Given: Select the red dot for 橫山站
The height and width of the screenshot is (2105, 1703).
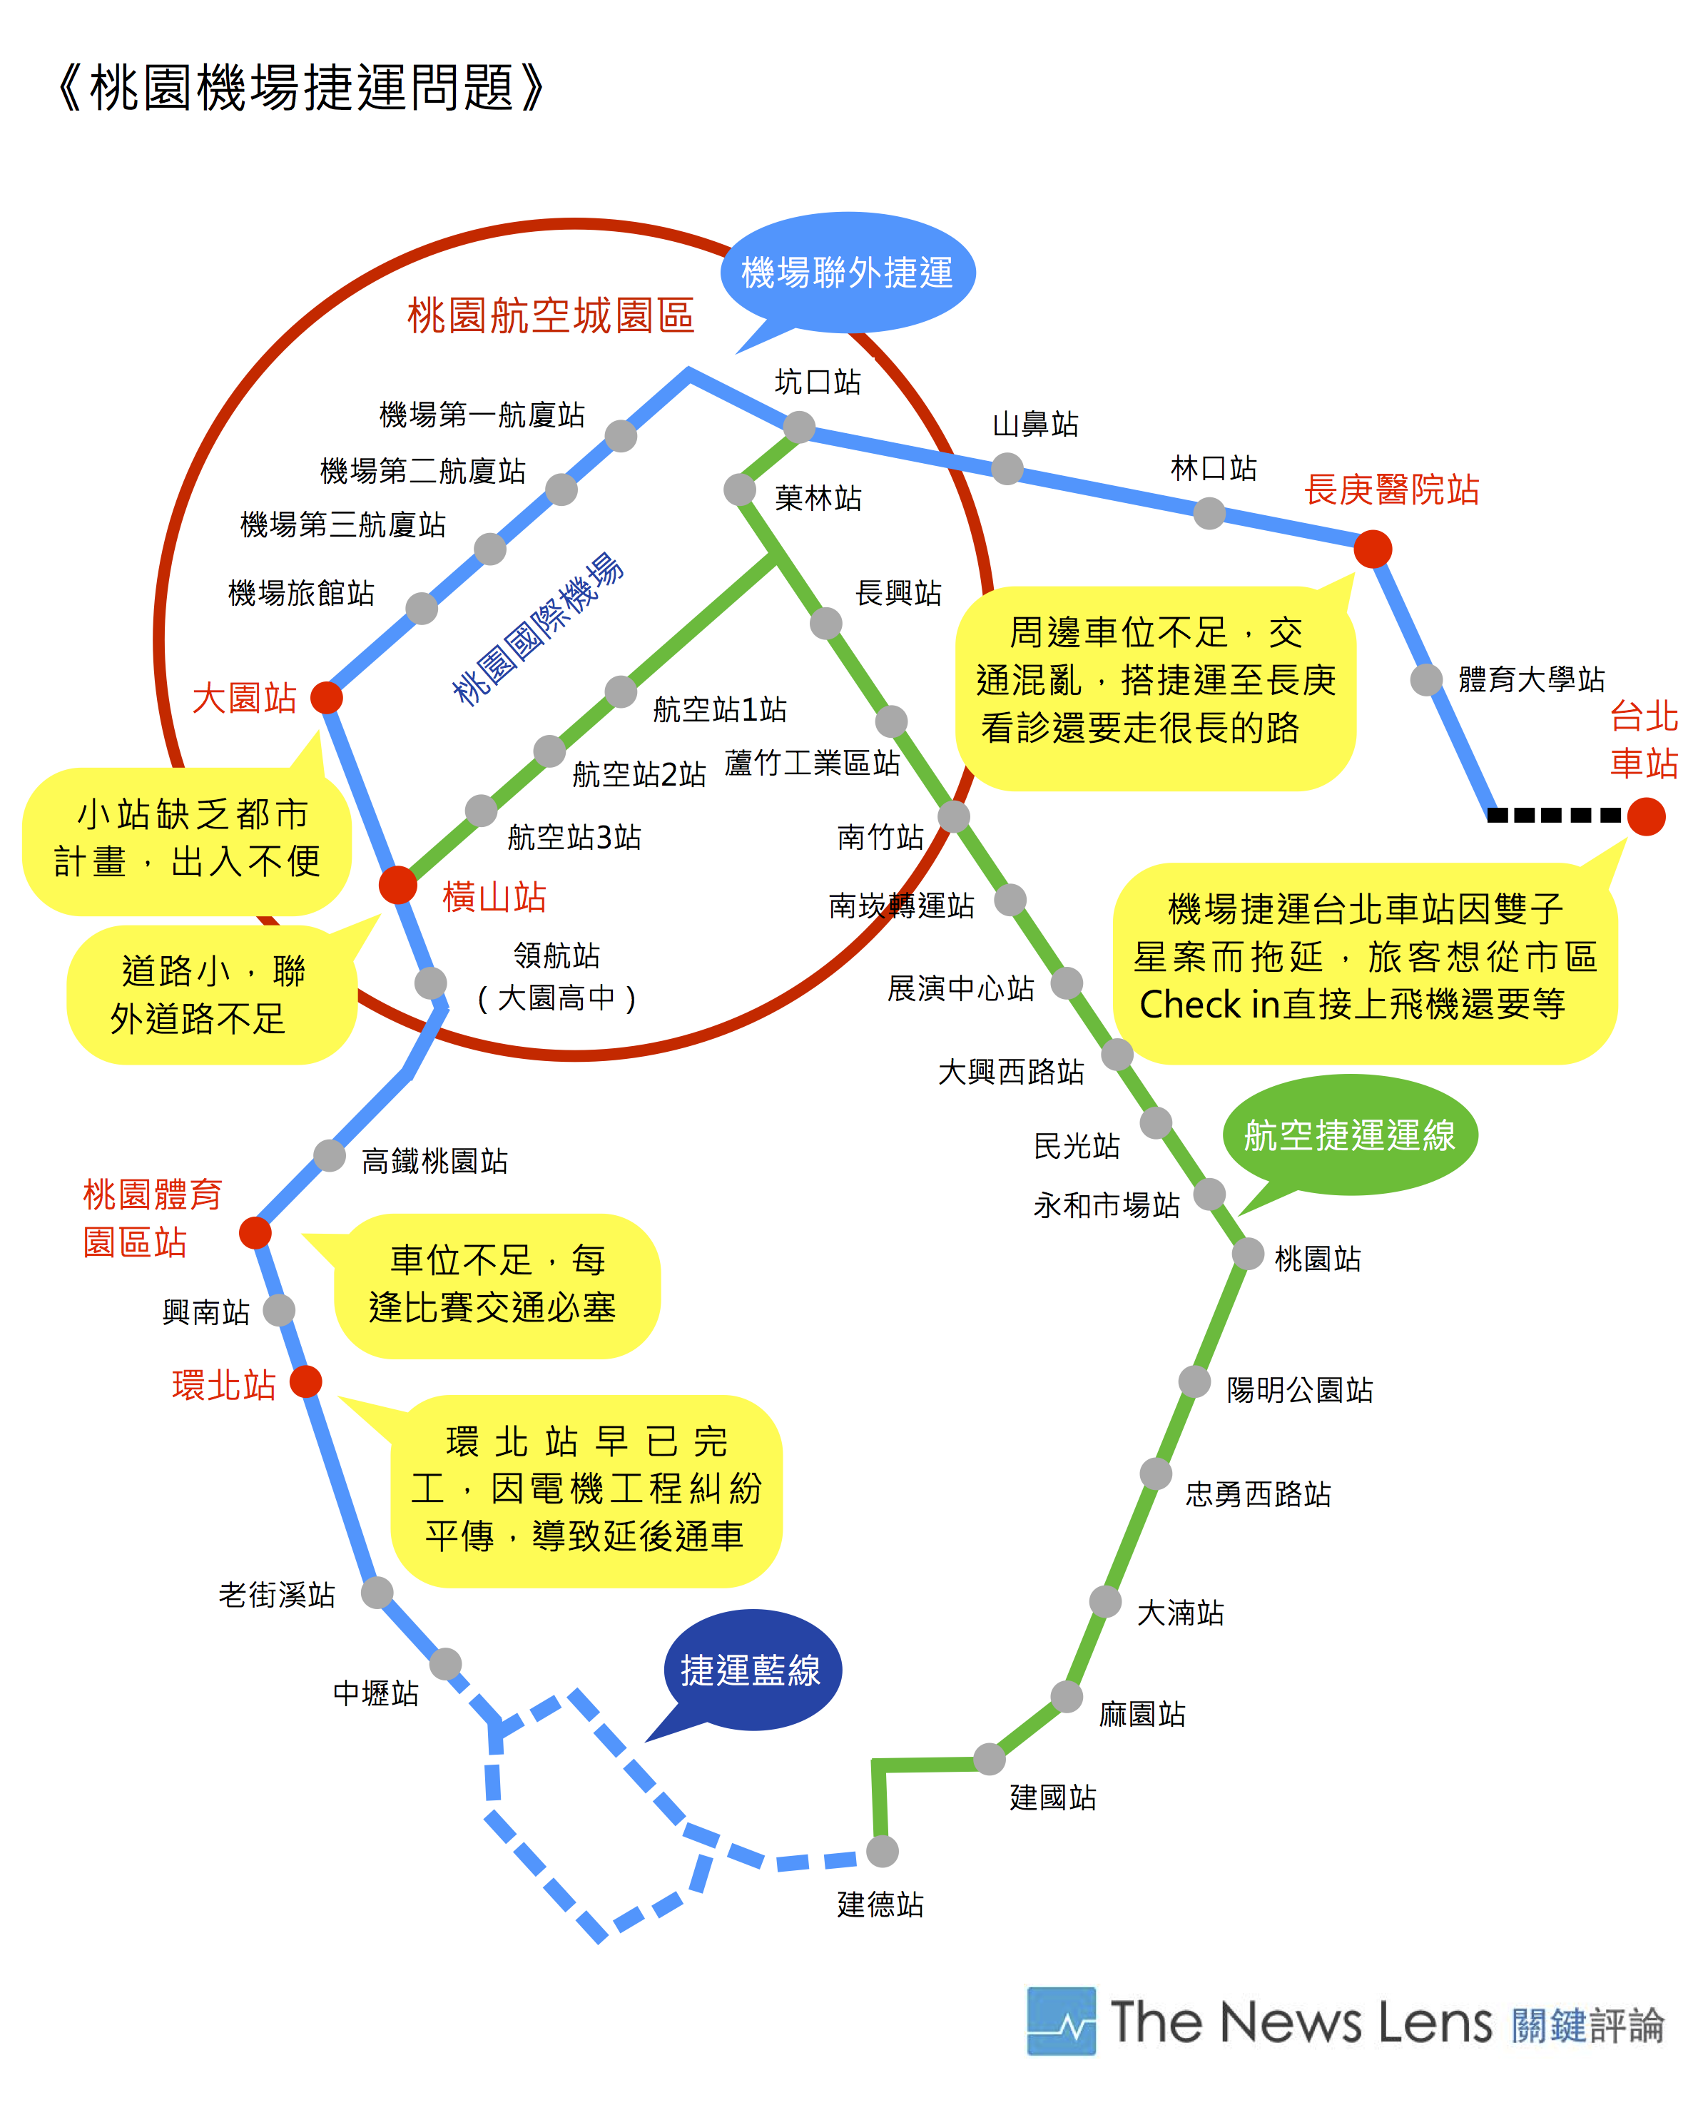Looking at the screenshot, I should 397,884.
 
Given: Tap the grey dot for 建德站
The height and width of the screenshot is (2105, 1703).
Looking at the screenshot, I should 882,1851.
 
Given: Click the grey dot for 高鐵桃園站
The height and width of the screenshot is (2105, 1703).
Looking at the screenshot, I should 330,1155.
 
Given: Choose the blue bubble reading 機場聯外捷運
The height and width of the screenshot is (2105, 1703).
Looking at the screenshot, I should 847,273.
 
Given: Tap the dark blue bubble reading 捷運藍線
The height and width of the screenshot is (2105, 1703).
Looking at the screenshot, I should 751,1670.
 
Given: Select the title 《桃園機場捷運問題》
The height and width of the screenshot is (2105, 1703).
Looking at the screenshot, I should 300,87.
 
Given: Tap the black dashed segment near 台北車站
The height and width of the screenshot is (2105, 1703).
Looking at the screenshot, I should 1553,815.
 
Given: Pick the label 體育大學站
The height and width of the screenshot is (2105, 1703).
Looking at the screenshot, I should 1531,679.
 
